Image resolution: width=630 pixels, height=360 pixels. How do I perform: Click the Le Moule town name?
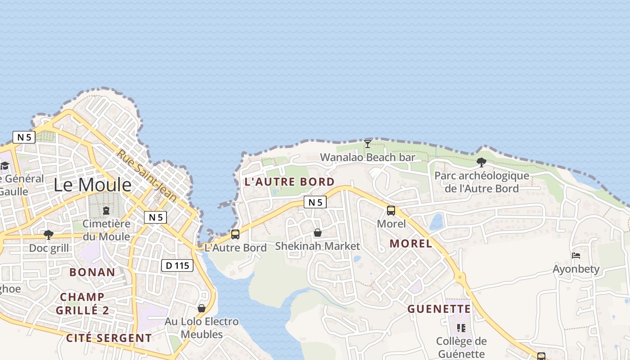tap(93, 185)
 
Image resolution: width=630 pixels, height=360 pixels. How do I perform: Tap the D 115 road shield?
tap(177, 265)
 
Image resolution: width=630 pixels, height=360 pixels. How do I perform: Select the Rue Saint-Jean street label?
tap(147, 175)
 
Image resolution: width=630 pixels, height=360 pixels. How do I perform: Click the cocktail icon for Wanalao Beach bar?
tap(368, 144)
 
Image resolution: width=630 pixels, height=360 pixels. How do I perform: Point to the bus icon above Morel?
tap(391, 210)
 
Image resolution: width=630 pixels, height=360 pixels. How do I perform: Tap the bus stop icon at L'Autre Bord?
tap(235, 234)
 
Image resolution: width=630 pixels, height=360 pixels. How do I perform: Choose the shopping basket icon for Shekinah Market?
tap(318, 233)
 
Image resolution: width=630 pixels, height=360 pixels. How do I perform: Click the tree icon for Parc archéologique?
tap(481, 162)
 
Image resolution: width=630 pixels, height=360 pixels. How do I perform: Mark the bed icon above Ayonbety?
tap(576, 256)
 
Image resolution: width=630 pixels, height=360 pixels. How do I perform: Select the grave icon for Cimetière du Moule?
tap(106, 210)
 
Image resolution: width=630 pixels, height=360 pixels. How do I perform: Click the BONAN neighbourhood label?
tap(92, 272)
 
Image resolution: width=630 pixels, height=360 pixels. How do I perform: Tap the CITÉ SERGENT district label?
tap(109, 338)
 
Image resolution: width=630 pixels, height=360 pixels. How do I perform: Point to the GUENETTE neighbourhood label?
tap(439, 309)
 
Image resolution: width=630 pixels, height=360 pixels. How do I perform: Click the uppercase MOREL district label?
tap(411, 244)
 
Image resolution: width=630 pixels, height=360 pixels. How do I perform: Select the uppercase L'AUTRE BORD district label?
tap(289, 182)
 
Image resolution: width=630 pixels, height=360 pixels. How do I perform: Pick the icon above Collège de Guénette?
tap(461, 328)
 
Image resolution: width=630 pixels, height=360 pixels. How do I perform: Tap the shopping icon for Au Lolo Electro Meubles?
tap(202, 308)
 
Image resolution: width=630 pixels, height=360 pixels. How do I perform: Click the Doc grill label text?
tap(49, 248)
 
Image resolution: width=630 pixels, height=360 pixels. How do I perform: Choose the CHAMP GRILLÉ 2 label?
tap(82, 304)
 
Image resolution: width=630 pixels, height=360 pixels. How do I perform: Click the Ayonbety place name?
tap(576, 269)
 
